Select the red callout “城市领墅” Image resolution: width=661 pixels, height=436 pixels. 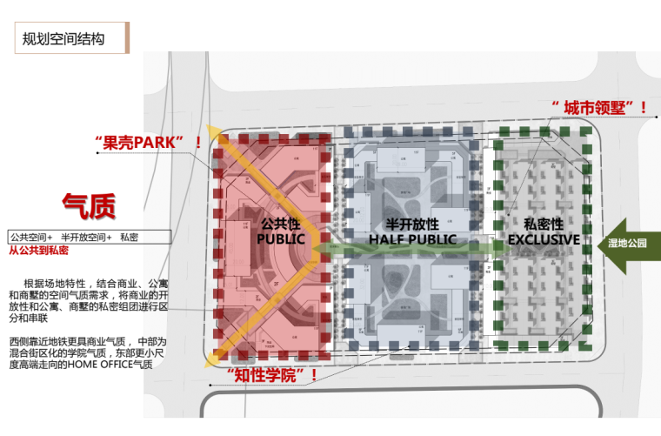(595, 109)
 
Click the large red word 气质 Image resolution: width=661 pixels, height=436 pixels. (89, 207)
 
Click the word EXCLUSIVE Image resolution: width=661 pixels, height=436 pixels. (544, 238)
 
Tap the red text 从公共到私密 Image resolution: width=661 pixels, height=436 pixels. (39, 251)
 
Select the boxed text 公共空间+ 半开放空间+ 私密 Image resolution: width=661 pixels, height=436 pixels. (75, 237)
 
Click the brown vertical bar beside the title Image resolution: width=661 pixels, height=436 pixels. (128, 39)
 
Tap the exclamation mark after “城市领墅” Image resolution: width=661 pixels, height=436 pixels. (643, 109)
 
